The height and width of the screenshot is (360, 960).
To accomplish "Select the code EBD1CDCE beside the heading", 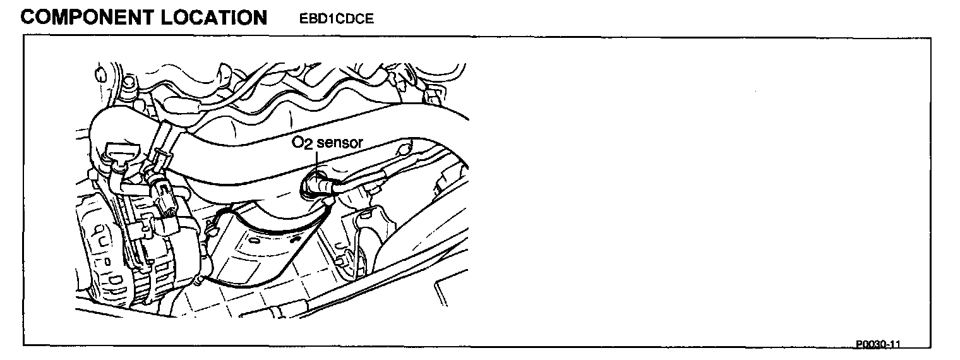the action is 337,19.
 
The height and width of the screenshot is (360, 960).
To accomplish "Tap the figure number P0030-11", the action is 877,344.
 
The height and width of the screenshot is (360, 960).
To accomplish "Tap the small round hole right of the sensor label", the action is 402,152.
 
